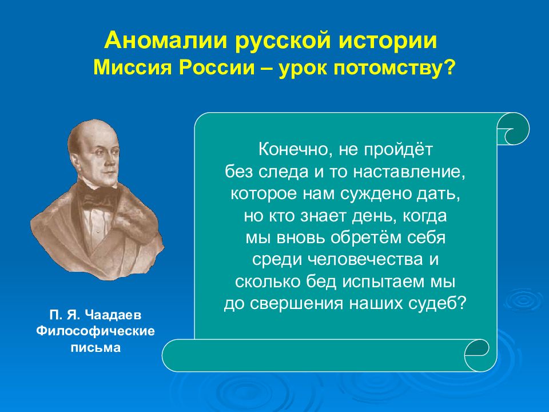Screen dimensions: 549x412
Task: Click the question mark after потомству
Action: pyautogui.click(x=450, y=68)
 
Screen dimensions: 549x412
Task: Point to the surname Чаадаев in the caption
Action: pyautogui.click(x=113, y=315)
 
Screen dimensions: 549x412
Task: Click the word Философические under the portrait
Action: pyautogui.click(x=96, y=331)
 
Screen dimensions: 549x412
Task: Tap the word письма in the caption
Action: pyautogui.click(x=96, y=347)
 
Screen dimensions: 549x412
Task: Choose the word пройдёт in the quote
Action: pyautogui.click(x=399, y=149)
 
